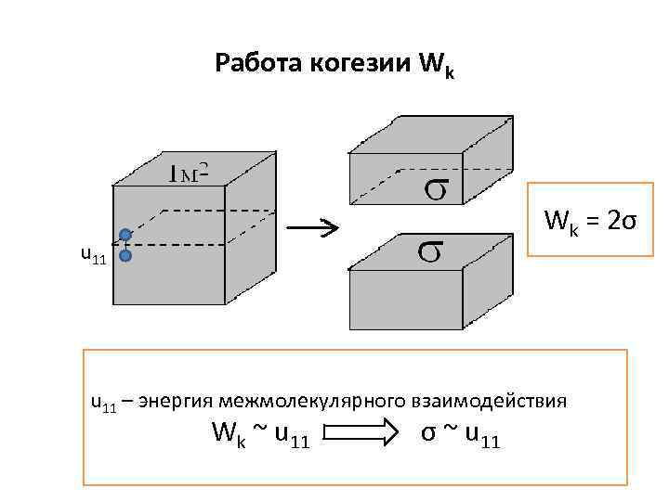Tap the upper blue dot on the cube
click(x=125, y=236)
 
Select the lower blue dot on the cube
click(x=125, y=255)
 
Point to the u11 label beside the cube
click(x=93, y=254)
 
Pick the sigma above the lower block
click(x=428, y=250)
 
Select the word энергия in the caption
click(x=177, y=401)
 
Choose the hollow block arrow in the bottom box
click(x=359, y=431)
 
